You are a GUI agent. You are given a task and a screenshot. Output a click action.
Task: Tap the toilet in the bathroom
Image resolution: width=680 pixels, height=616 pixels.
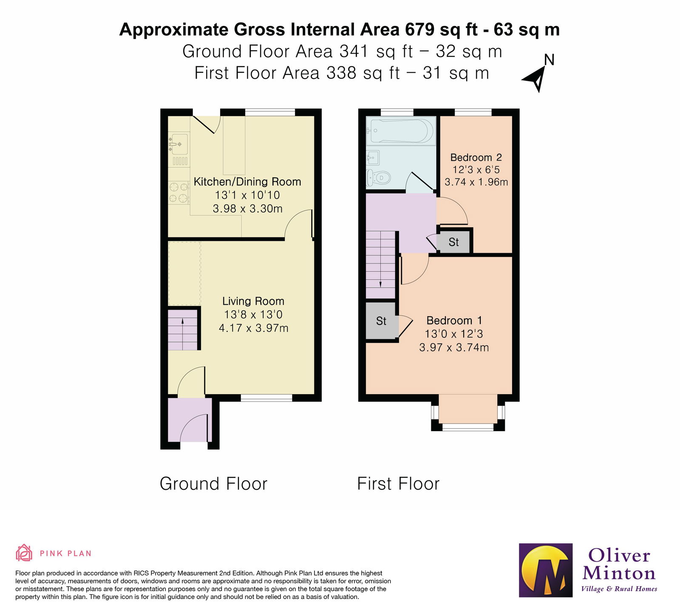pyautogui.click(x=378, y=178)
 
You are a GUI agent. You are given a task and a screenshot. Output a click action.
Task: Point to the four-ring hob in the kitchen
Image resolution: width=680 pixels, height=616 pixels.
pyautogui.click(x=178, y=192)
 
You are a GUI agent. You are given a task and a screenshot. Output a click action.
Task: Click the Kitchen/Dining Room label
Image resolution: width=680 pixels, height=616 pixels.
pyautogui.click(x=247, y=182)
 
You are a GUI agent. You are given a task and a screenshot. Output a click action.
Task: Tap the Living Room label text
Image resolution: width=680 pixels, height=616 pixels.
pyautogui.click(x=253, y=301)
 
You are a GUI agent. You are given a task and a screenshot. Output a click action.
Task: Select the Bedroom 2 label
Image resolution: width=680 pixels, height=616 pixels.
pyautogui.click(x=476, y=158)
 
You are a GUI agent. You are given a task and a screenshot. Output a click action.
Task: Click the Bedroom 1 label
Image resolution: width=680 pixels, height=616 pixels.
pyautogui.click(x=454, y=321)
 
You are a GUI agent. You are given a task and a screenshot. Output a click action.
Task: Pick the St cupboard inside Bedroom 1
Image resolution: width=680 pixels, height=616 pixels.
pyautogui.click(x=381, y=321)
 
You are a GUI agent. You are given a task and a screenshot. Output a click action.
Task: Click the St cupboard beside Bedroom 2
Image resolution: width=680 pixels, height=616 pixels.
pyautogui.click(x=453, y=242)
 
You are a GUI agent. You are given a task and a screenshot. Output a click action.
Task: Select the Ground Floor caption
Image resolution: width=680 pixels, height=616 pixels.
pyautogui.click(x=213, y=484)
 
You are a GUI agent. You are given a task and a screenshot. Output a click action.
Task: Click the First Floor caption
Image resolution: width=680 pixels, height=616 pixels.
pyautogui.click(x=398, y=484)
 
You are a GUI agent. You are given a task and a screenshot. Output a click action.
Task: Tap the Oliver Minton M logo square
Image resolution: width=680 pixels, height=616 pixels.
pyautogui.click(x=546, y=571)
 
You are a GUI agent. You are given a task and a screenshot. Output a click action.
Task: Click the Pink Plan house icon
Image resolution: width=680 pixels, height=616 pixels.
pyautogui.click(x=24, y=553)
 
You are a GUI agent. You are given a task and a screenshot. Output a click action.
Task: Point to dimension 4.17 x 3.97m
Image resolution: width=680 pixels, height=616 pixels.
pyautogui.click(x=253, y=328)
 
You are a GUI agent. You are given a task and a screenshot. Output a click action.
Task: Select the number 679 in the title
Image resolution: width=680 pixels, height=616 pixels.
pyautogui.click(x=419, y=30)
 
